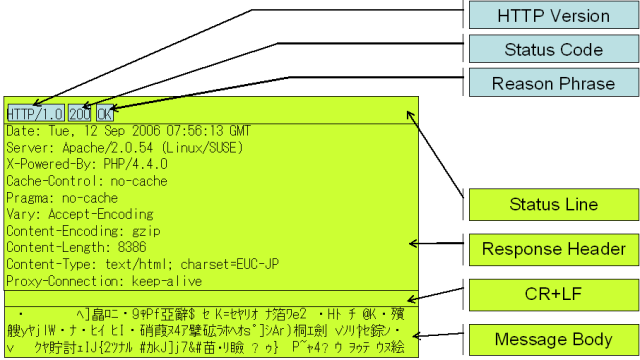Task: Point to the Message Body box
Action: tap(552, 340)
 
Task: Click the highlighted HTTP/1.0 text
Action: tap(35, 113)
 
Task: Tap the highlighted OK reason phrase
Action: tap(105, 113)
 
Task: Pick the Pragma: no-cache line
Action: tap(62, 198)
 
